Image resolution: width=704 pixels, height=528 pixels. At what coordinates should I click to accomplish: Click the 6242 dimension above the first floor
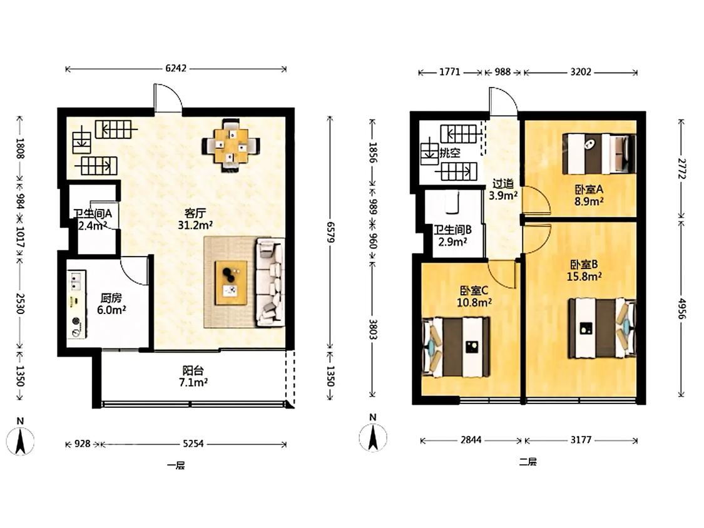click(176, 69)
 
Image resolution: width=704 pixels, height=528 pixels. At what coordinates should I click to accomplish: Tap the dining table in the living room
click(231, 146)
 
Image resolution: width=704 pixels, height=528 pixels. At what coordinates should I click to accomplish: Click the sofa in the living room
click(270, 282)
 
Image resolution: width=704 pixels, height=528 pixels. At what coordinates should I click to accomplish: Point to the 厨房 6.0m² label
click(111, 304)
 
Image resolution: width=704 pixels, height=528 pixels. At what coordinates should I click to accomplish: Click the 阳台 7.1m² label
click(194, 376)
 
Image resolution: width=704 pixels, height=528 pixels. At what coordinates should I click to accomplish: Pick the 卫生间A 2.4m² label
click(93, 220)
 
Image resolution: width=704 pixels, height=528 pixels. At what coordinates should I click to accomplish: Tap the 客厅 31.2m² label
click(195, 219)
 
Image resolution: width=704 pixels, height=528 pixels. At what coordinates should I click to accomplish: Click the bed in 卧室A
click(599, 153)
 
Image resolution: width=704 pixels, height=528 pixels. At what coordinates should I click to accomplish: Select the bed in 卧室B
click(602, 328)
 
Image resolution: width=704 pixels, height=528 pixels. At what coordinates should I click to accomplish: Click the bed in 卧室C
click(456, 347)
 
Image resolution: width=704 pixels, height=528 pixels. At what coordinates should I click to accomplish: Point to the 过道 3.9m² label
click(503, 189)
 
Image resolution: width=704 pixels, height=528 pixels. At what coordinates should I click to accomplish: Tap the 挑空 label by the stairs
click(449, 153)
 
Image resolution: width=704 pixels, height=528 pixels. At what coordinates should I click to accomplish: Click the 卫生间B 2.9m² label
click(452, 236)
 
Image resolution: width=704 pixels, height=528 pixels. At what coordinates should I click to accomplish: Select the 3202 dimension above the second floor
click(581, 72)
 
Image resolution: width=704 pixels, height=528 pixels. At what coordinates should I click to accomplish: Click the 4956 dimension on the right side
click(681, 308)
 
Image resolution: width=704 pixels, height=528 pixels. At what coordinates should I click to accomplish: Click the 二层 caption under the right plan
click(528, 462)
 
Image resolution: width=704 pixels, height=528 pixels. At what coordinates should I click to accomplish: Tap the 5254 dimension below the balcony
click(193, 444)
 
